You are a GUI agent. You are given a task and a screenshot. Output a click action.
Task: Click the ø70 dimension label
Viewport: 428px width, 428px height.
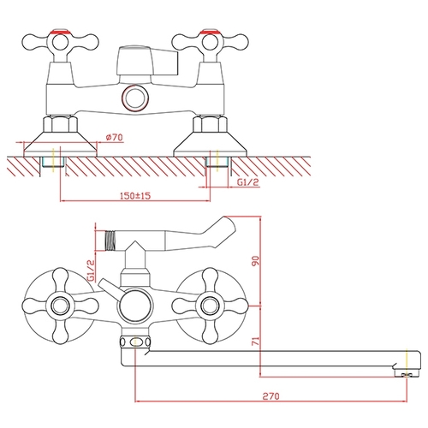tap(115, 138)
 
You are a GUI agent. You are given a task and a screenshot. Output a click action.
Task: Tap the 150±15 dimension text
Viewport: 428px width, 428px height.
tap(135, 196)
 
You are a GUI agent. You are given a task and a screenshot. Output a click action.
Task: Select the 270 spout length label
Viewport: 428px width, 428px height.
tap(270, 396)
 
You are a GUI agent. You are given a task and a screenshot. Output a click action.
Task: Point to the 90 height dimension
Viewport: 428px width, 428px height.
tap(256, 261)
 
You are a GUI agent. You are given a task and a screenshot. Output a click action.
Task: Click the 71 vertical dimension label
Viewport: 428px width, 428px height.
tap(256, 342)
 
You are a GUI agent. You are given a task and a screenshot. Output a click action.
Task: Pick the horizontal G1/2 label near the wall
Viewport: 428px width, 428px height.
tap(248, 182)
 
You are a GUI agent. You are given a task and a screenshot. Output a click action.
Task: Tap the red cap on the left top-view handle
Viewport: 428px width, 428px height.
tap(60, 32)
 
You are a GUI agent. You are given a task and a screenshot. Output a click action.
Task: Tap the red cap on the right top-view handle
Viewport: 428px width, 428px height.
tap(210, 32)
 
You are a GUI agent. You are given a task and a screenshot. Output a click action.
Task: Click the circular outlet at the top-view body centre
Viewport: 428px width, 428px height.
tap(135, 98)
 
